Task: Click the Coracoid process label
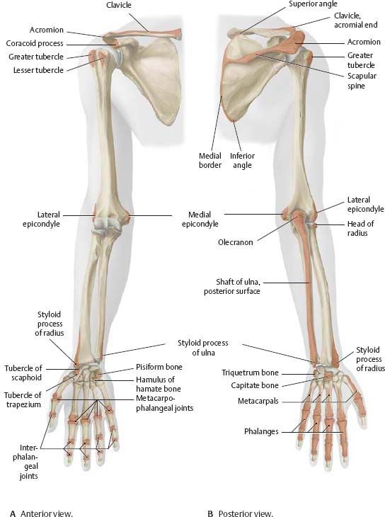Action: click(x=35, y=43)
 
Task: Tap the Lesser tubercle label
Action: click(x=38, y=70)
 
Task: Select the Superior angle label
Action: click(x=313, y=4)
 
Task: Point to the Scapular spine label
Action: click(x=362, y=81)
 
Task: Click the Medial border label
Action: click(x=210, y=160)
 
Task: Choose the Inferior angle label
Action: click(x=242, y=160)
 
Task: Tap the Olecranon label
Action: click(x=236, y=242)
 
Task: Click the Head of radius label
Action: click(x=361, y=229)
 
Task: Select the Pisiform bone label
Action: click(x=159, y=367)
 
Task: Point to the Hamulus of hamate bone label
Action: click(x=159, y=384)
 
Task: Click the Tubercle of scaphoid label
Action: click(x=23, y=373)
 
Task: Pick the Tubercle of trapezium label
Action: click(x=23, y=399)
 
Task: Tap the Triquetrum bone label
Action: click(x=250, y=373)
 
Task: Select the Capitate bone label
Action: click(x=255, y=385)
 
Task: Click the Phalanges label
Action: click(x=261, y=431)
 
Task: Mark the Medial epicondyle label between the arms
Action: click(x=200, y=220)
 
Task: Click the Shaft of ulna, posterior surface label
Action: click(x=232, y=287)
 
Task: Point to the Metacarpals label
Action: click(x=258, y=402)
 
